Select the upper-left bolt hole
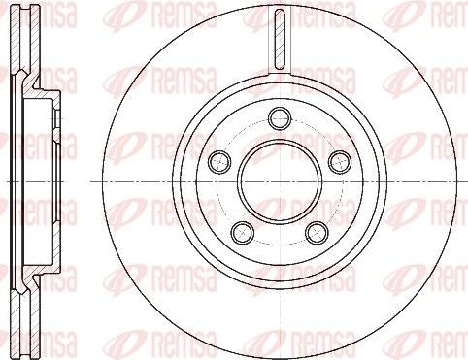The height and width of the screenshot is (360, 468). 216,158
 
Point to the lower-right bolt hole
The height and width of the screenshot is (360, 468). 315,230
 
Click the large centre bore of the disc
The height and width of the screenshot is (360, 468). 279,180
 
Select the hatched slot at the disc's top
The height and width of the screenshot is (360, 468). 279,39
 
